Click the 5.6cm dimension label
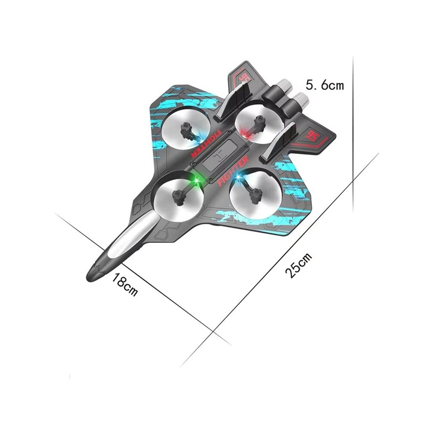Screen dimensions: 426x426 [x=324, y=85]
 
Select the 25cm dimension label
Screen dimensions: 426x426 [x=299, y=265]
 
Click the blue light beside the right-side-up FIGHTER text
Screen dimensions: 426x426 [x=238, y=177]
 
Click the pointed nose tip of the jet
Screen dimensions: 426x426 [x=87, y=278]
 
